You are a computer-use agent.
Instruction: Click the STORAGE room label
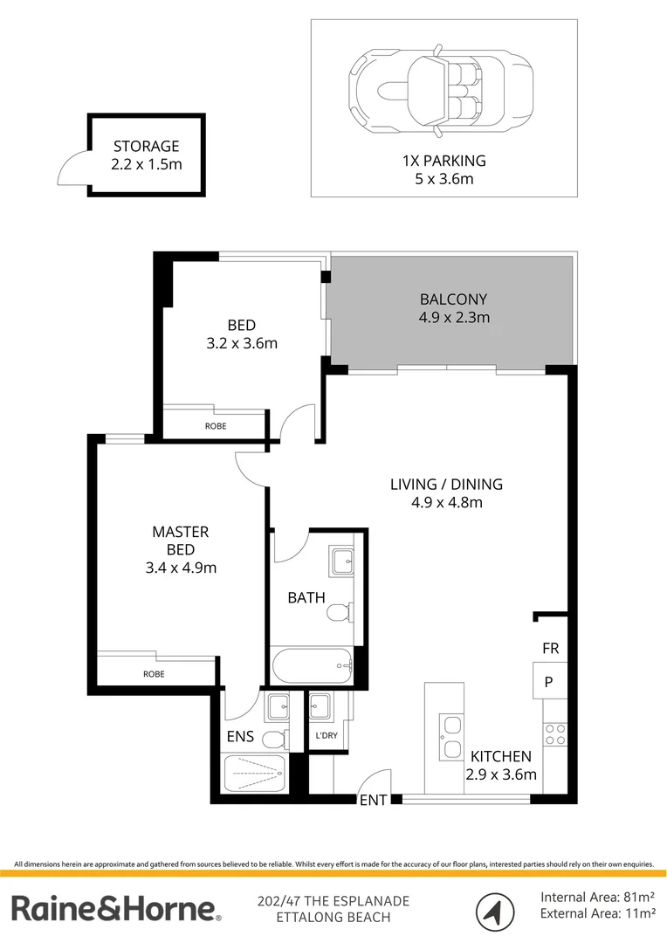pyautogui.click(x=146, y=147)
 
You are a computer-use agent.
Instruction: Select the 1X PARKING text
pyautogui.click(x=443, y=161)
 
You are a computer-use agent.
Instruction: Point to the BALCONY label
pyautogui.click(x=453, y=298)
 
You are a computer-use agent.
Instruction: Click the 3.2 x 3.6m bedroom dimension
pyautogui.click(x=241, y=343)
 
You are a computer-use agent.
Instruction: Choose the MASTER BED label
pyautogui.click(x=180, y=540)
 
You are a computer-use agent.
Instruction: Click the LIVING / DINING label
pyautogui.click(x=446, y=484)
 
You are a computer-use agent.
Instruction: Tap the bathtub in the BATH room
pyautogui.click(x=312, y=668)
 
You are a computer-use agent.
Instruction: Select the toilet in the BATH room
pyautogui.click(x=340, y=616)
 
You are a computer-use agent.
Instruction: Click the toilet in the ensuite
pyautogui.click(x=274, y=740)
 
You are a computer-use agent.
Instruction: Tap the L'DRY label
pyautogui.click(x=326, y=736)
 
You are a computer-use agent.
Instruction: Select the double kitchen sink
pyautogui.click(x=451, y=738)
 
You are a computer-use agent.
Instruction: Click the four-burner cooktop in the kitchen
pyautogui.click(x=555, y=733)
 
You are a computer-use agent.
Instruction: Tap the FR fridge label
pyautogui.click(x=550, y=649)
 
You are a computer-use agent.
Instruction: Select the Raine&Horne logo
pyautogui.click(x=116, y=908)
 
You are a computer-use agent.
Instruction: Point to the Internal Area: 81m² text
pyautogui.click(x=598, y=897)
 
